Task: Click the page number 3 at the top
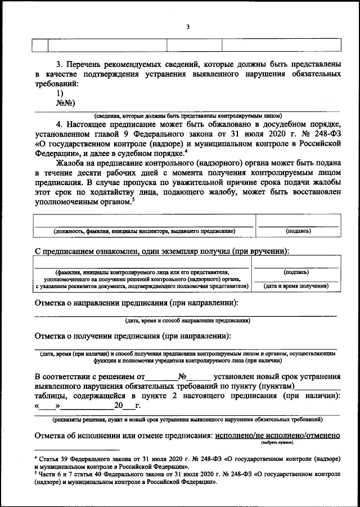click(188, 26)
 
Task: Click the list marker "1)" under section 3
click(60, 93)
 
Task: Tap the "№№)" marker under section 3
click(66, 103)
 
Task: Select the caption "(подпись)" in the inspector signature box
click(298, 231)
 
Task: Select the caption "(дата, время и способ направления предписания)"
click(188, 320)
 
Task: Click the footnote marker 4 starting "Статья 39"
click(35, 459)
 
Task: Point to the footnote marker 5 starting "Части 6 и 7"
click(35, 474)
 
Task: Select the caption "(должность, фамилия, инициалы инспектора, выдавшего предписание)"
click(144, 231)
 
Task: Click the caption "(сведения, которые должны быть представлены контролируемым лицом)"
click(188, 115)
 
